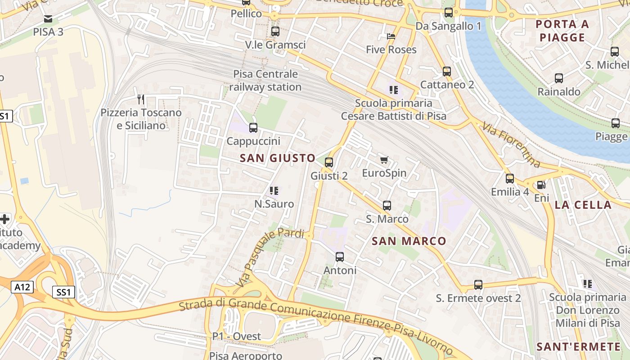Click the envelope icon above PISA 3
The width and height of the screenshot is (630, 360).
48,19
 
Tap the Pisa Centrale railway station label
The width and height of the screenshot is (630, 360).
265,80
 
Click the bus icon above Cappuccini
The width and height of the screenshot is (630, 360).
253,128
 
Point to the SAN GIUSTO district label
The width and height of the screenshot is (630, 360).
278,158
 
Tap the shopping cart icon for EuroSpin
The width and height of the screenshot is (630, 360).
384,160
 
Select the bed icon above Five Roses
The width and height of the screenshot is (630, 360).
391,36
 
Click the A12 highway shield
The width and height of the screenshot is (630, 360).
22,287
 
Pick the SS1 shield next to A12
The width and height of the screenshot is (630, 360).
63,292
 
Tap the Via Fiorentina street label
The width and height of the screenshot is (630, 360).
510,144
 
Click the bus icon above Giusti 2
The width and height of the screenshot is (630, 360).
329,162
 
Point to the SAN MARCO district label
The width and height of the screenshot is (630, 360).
409,241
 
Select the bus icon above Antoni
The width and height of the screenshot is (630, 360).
340,257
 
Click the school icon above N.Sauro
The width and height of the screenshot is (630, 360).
274,191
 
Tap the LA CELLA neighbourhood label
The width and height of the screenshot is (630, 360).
583,205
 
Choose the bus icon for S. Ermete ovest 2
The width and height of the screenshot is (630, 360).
478,285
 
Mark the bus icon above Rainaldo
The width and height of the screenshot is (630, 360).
559,78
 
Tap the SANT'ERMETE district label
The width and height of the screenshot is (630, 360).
579,346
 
